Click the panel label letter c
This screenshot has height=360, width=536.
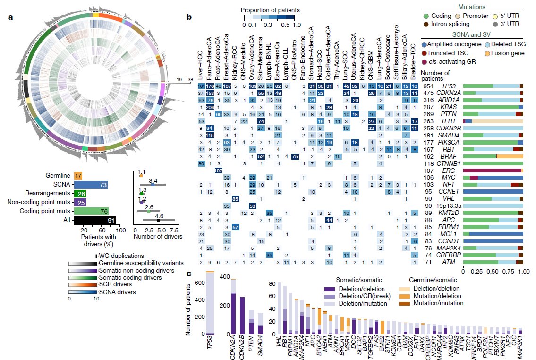[x=189, y=274]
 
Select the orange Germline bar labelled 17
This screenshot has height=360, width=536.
[x=78, y=176]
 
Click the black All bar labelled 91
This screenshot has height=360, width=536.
[x=95, y=220]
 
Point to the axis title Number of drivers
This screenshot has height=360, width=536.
[x=158, y=236]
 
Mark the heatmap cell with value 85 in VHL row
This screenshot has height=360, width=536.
[x=235, y=198]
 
